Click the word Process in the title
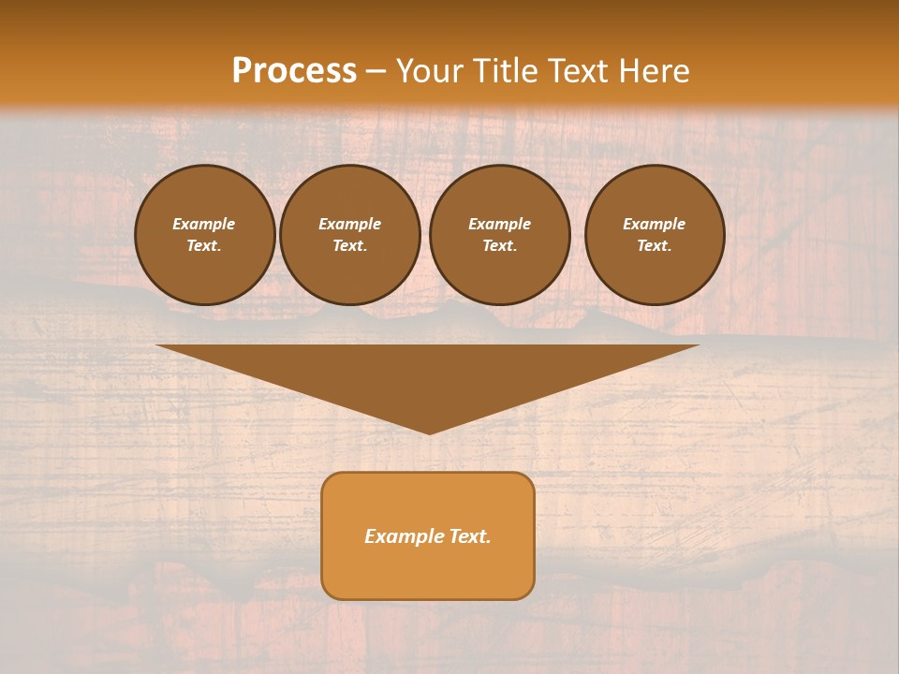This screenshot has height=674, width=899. [x=294, y=71]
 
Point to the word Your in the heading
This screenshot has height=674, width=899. [x=431, y=71]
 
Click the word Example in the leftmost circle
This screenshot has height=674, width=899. [x=204, y=224]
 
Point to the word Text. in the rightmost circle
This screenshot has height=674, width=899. [x=655, y=246]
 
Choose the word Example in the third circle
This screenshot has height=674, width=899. [x=499, y=224]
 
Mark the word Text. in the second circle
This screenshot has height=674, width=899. [x=350, y=246]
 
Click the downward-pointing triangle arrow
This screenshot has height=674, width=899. [x=428, y=374]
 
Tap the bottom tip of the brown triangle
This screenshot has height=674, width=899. [x=428, y=432]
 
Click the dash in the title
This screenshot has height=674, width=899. [x=376, y=71]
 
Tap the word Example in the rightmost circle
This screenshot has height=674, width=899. [x=655, y=224]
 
